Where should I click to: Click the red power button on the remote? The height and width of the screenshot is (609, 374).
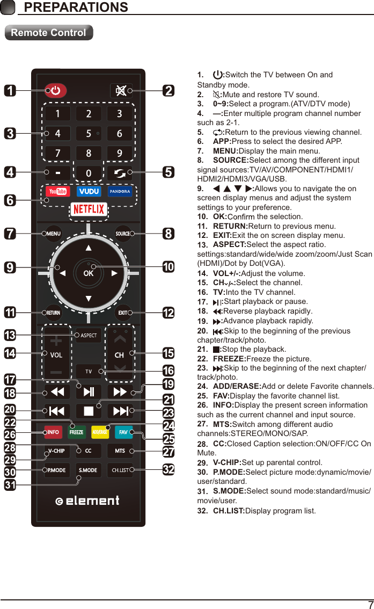pyautogui.click(x=56, y=90)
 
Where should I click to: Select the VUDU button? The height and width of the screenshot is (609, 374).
pyautogui.click(x=89, y=192)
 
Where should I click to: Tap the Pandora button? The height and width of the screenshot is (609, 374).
pyautogui.click(x=120, y=192)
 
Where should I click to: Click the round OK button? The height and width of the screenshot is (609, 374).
pyautogui.click(x=89, y=272)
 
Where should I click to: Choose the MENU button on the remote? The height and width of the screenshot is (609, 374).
pyautogui.click(x=53, y=234)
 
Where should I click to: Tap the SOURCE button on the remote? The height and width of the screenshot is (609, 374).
pyautogui.click(x=123, y=234)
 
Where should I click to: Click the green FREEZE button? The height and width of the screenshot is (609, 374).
pyautogui.click(x=77, y=432)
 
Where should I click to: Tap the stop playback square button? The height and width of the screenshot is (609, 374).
pyautogui.click(x=89, y=411)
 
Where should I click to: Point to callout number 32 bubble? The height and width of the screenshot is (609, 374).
pyautogui.click(x=168, y=469)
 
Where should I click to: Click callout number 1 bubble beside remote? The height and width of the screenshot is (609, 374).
pyautogui.click(x=10, y=90)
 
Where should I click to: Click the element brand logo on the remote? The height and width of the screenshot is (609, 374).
pyautogui.click(x=88, y=501)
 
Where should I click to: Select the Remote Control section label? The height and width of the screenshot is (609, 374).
pyautogui.click(x=48, y=33)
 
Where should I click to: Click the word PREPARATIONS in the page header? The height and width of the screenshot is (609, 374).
pyautogui.click(x=76, y=8)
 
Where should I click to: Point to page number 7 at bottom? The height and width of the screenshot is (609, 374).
pyautogui.click(x=370, y=604)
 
